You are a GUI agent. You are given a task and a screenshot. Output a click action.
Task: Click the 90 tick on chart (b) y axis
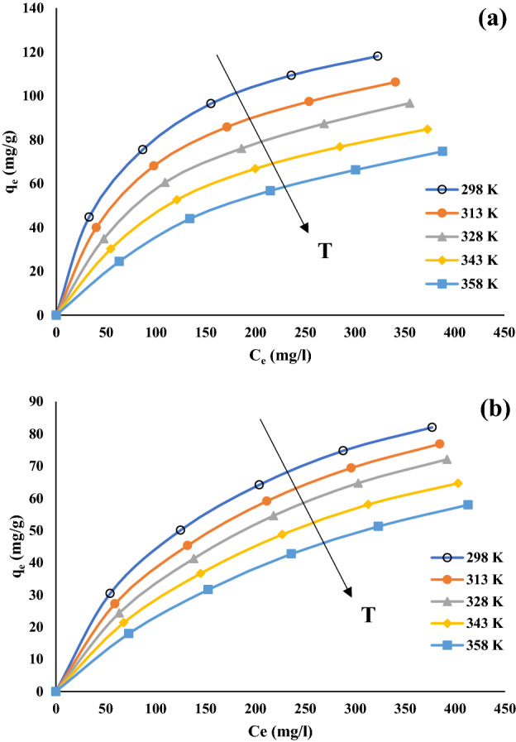(39, 401)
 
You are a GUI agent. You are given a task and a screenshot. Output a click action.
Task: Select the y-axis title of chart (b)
(12, 546)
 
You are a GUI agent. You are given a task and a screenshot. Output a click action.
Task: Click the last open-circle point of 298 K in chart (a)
(377, 56)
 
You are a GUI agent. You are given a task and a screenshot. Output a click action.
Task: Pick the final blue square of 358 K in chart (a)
(442, 151)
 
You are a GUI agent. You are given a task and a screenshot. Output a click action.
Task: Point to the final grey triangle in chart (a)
(409, 103)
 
